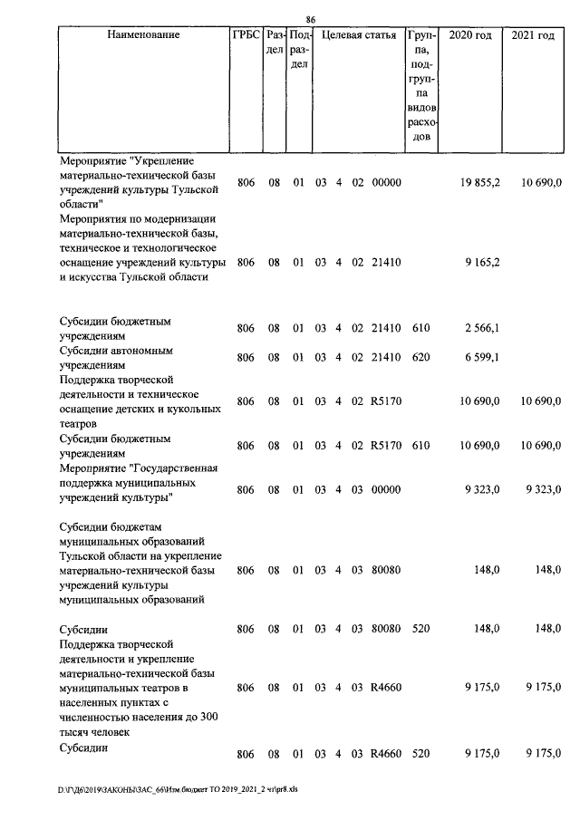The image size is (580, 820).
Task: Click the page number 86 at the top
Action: [310, 20]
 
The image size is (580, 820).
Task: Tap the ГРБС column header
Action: [246, 35]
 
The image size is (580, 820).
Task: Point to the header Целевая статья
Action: [358, 35]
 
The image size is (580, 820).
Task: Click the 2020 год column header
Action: [470, 35]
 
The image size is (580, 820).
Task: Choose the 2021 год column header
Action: [533, 35]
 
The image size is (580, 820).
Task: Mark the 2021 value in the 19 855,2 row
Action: [541, 182]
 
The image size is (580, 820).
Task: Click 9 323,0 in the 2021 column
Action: [544, 490]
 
